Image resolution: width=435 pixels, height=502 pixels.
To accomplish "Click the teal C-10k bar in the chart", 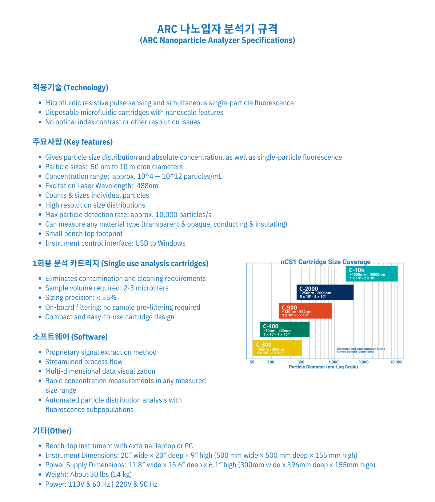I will pos(371,274).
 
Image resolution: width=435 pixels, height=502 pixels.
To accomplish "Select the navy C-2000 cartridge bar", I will pos(325,292).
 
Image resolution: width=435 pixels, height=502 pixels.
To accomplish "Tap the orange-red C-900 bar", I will pos(305,311).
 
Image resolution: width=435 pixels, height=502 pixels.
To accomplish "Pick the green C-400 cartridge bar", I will pos(285,329).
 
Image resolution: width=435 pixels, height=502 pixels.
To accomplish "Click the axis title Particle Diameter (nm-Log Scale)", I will pos(323,367).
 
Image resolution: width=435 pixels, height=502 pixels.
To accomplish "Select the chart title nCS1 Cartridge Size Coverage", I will pos(325,262).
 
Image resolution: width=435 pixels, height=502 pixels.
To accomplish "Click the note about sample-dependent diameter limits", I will pos(361,350).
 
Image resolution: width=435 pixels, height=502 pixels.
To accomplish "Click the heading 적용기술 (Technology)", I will pos(70,88).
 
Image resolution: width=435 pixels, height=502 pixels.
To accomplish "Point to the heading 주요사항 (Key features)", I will pos(73,142).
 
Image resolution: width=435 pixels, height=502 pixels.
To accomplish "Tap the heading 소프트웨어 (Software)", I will pos(70,337).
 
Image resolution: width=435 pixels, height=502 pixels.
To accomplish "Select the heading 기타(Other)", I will pos(52,431).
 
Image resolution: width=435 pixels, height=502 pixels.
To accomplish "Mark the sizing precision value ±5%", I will pos(109,298).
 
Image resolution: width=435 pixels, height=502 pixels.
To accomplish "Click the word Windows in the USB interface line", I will pos(171,243).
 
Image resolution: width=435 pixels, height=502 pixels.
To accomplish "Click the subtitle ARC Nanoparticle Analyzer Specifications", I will pos(217,40).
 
